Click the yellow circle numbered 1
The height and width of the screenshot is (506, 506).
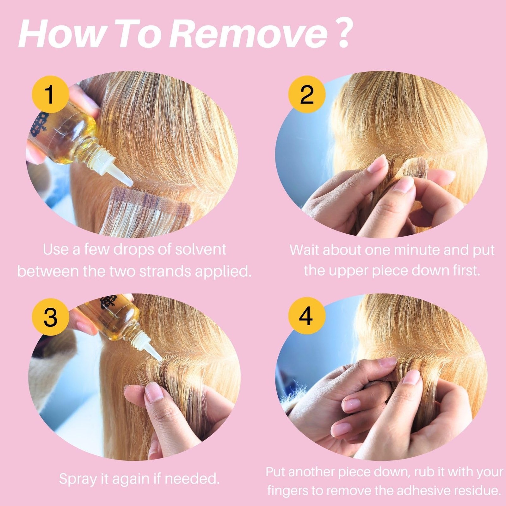pos(50,94)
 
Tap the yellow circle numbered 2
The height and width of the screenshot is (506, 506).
pos(307,94)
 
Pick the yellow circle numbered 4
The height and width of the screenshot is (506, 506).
pos(307,317)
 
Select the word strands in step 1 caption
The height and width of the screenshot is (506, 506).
pos(165,272)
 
